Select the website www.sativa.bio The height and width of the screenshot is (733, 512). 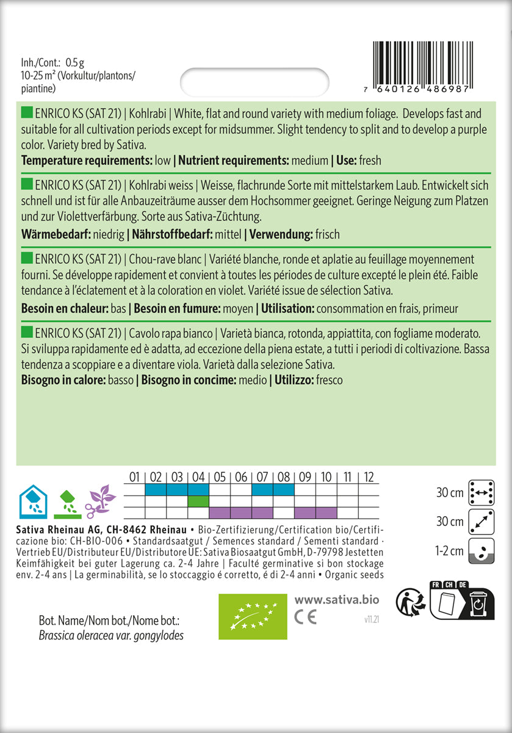coord(332,600)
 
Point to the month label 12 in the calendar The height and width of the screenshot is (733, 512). coord(369,477)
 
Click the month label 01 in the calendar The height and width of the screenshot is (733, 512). coord(135,477)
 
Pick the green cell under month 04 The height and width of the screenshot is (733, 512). coord(198,501)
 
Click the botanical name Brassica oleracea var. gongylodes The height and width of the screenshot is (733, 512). coord(103,636)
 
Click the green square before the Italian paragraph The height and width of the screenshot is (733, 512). coord(27,332)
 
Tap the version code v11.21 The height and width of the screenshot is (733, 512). coord(367,619)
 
